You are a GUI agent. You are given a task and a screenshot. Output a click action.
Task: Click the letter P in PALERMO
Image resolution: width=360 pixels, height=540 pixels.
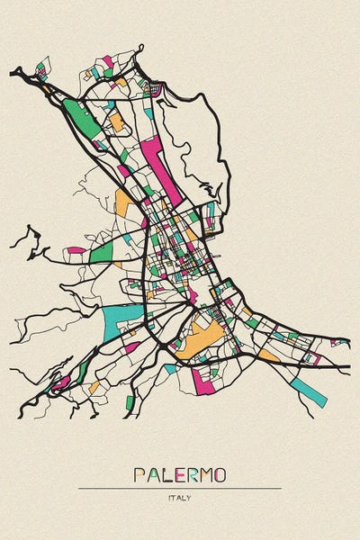[x=139, y=474]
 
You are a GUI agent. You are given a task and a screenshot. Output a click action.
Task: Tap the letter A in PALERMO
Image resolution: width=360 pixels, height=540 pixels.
[x=153, y=474]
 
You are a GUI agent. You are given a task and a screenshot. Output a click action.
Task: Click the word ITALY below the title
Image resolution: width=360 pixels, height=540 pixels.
[x=179, y=497]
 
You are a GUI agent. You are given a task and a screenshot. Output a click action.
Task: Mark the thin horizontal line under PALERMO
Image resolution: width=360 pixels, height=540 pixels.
[x=179, y=488]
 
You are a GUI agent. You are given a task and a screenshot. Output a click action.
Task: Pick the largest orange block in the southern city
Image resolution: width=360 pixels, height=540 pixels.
[x=202, y=340]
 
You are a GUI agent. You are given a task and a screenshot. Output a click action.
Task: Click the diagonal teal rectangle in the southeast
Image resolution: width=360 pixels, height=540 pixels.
[x=308, y=390]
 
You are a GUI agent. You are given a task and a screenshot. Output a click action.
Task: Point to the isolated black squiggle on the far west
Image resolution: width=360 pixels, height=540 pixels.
[x=29, y=241]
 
